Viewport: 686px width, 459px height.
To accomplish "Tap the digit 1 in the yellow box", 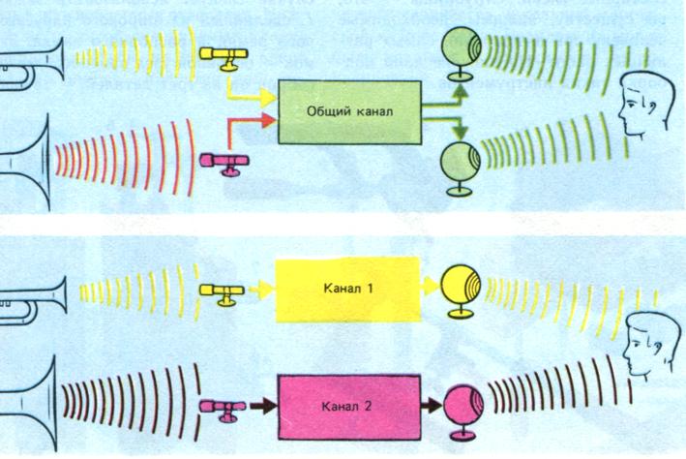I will pyautogui.click(x=372, y=288).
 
